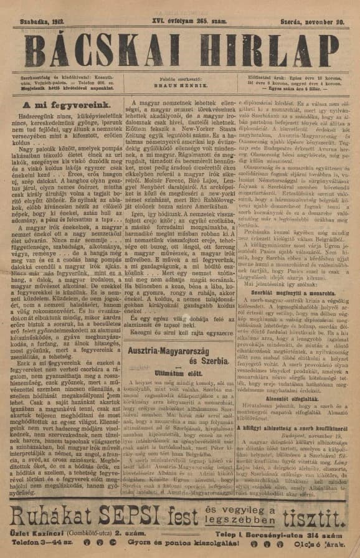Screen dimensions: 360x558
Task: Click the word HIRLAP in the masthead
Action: click(x=265, y=48)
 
